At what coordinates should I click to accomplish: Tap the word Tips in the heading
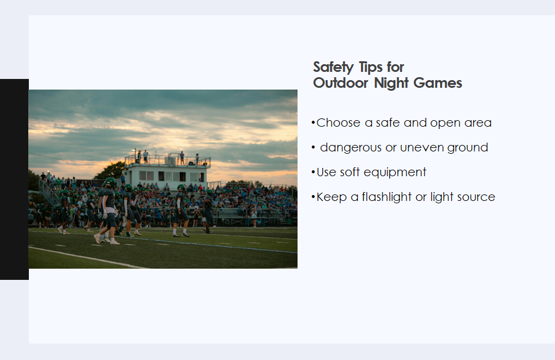point(371,67)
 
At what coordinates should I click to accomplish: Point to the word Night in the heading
point(391,84)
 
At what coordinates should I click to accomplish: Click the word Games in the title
point(438,83)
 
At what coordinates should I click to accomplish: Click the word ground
point(468,148)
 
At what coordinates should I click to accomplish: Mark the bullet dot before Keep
point(313,197)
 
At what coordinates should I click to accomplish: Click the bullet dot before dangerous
point(313,147)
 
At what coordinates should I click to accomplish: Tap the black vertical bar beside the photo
point(14,179)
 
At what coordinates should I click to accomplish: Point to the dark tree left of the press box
point(110,171)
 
